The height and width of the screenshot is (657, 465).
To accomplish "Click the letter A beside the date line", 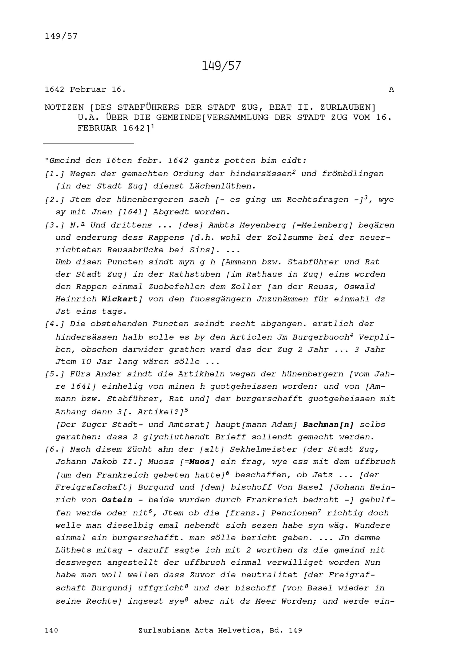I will coord(391,90).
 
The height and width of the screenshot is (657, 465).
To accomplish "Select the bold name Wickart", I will coord(120,299).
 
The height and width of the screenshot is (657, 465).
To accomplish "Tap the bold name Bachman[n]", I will coord(328,425).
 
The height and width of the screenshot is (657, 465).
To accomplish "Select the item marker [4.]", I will coord(55,324).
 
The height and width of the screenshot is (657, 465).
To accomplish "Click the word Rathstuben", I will coord(194,274).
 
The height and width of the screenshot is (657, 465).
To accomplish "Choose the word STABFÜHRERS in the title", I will coord(148,107).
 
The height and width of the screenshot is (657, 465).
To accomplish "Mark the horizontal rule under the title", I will coord(89,144).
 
